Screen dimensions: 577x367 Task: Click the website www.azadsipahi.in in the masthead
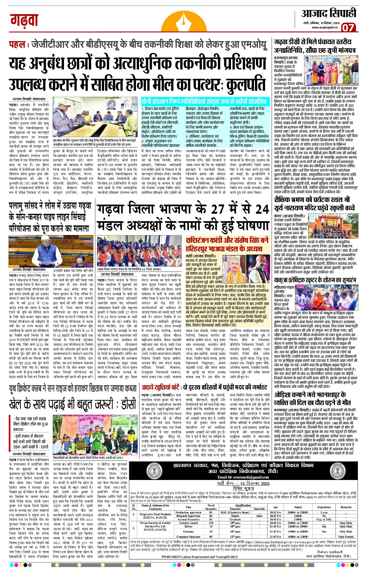(325, 27)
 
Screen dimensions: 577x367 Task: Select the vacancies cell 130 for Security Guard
(211, 523)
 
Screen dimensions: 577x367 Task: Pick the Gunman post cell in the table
(188, 531)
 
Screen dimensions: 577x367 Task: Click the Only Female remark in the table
(346, 537)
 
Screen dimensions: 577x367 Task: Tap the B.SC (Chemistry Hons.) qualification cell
(235, 512)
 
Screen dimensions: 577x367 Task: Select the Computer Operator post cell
(188, 537)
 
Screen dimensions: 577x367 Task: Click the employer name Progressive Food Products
(155, 514)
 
